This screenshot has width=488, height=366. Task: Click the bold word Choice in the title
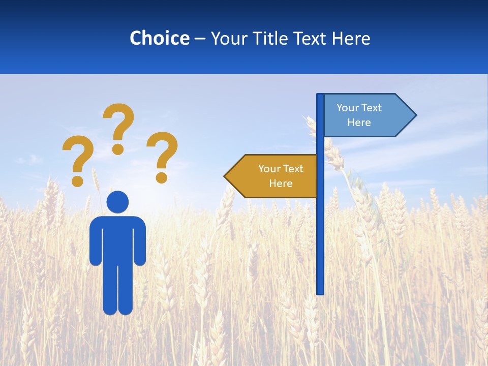(x=159, y=38)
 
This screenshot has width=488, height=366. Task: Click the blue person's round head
(x=117, y=202)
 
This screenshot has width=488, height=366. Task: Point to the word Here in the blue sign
(x=359, y=123)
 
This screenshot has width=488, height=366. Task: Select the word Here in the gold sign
(x=281, y=184)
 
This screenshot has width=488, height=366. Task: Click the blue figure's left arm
(x=96, y=244)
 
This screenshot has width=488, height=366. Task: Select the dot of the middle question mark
(x=118, y=148)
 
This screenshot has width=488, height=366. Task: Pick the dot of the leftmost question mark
(x=78, y=180)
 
